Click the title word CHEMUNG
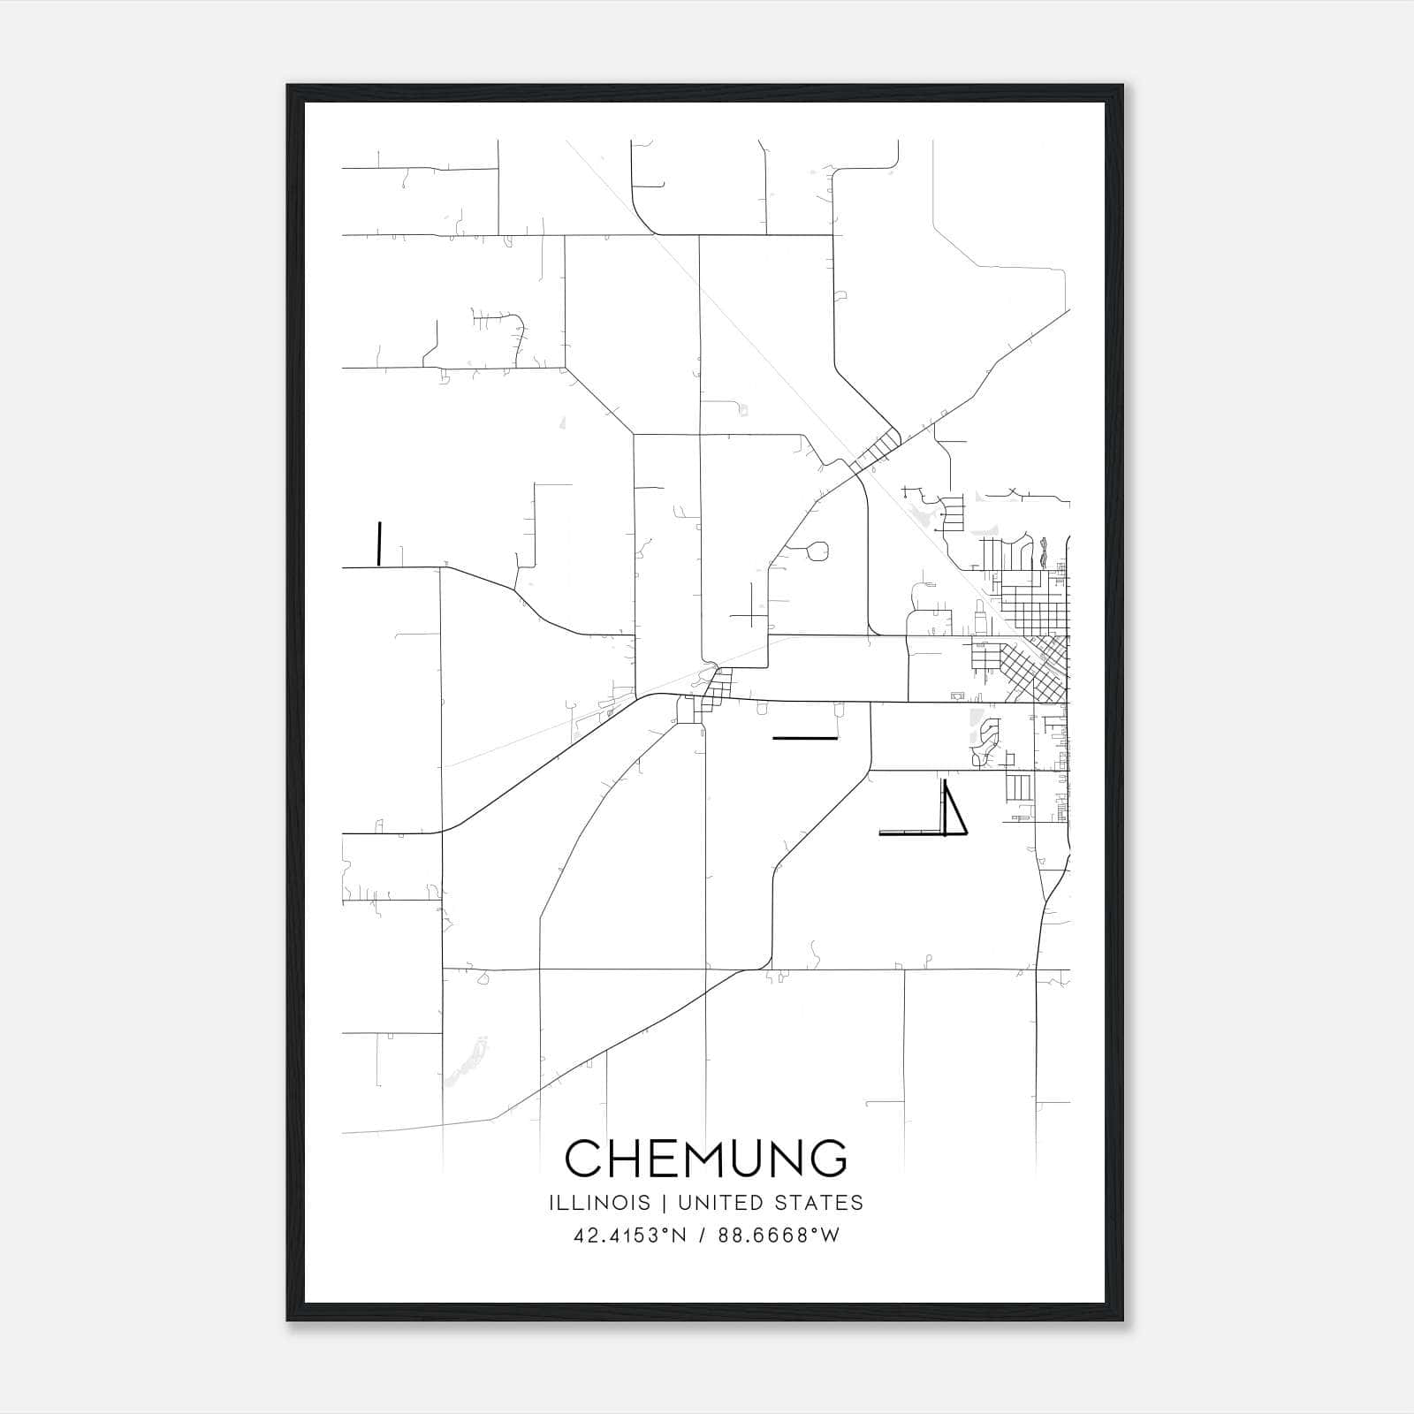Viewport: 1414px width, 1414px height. tap(706, 1159)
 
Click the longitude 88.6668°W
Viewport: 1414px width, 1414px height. tap(779, 1235)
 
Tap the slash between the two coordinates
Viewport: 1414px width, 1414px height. tap(703, 1235)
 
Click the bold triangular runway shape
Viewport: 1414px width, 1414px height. tap(954, 811)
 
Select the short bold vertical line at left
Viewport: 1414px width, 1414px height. tap(379, 544)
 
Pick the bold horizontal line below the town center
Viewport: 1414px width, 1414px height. tap(804, 737)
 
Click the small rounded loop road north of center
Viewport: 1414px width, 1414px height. tap(818, 551)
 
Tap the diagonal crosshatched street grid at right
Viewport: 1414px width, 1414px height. tap(1034, 668)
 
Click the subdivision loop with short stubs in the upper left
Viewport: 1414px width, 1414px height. tap(499, 334)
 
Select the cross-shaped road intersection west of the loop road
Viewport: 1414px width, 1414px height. tap(752, 606)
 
